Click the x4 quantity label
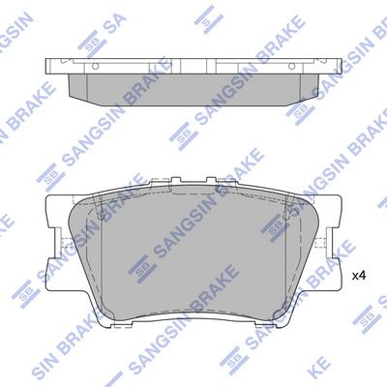tap(358, 276)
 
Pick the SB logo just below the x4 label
tap(365, 316)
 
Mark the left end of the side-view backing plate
tap(50, 66)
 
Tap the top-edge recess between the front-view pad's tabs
tap(193, 183)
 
